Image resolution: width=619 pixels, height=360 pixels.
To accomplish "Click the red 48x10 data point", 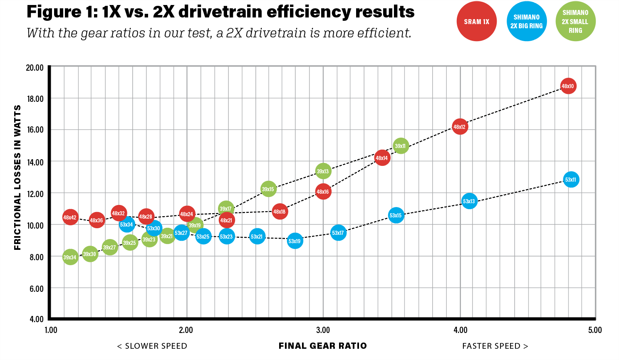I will (x=568, y=86).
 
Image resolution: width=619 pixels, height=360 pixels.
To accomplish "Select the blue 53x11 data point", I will (x=571, y=180).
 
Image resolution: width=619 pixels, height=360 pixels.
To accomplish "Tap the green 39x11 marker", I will (x=401, y=146).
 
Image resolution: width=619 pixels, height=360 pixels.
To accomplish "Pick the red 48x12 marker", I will (x=460, y=127).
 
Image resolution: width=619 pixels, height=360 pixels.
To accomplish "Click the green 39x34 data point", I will (x=70, y=257).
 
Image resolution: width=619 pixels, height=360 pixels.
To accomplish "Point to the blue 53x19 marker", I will (x=295, y=241).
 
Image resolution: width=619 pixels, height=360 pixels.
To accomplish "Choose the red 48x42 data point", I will (x=70, y=217).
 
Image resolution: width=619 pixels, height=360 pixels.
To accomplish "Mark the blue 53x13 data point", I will (x=469, y=202).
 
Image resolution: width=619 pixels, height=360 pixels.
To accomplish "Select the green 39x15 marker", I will (x=268, y=189).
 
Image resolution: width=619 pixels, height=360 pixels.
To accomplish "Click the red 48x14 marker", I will (x=382, y=158).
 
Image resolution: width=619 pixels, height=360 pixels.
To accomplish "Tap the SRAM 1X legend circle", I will (x=477, y=22).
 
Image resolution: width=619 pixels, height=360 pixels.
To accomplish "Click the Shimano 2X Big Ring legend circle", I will (x=527, y=22).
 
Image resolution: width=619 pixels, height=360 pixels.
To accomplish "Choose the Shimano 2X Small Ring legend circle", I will (x=576, y=22).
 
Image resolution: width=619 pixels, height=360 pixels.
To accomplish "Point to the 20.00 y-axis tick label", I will (x=35, y=68).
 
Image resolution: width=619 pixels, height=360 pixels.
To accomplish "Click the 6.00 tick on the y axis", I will (x=36, y=288).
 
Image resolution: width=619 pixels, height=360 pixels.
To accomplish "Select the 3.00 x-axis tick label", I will (x=323, y=330).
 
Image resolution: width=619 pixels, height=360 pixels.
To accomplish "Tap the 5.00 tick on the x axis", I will (x=595, y=330).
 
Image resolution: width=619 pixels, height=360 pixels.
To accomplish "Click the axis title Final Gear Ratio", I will (x=323, y=346).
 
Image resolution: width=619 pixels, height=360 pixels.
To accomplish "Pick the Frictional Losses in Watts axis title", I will (x=17, y=178).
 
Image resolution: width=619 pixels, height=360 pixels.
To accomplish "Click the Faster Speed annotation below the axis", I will (x=495, y=346).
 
